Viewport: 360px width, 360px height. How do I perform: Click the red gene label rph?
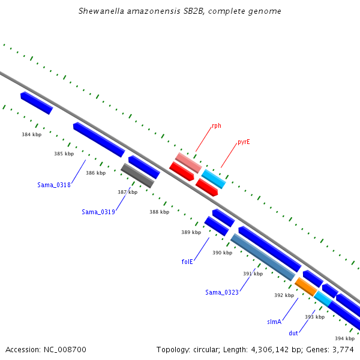click(x=217, y=126)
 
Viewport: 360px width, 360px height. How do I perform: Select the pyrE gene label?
click(x=244, y=142)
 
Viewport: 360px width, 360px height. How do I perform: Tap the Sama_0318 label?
click(x=54, y=185)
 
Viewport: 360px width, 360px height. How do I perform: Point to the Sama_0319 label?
click(x=98, y=212)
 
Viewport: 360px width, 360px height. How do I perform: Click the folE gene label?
click(x=187, y=262)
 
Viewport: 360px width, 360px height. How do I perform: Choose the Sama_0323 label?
click(x=222, y=292)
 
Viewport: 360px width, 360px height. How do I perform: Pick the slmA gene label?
click(x=274, y=322)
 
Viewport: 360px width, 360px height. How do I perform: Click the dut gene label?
click(x=293, y=333)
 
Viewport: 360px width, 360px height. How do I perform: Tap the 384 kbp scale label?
click(x=32, y=134)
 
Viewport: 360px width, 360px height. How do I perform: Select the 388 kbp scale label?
click(x=160, y=212)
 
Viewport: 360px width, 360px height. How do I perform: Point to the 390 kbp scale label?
click(x=222, y=253)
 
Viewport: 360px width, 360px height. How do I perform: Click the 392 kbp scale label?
click(x=284, y=295)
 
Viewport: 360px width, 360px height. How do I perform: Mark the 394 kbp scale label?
click(x=344, y=338)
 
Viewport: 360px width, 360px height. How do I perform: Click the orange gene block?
click(x=306, y=287)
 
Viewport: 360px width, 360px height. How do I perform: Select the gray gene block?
click(x=137, y=176)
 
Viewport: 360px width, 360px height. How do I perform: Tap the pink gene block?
click(x=188, y=163)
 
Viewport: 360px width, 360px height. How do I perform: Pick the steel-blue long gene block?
click(x=263, y=257)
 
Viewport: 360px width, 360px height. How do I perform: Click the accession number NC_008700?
click(x=65, y=350)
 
